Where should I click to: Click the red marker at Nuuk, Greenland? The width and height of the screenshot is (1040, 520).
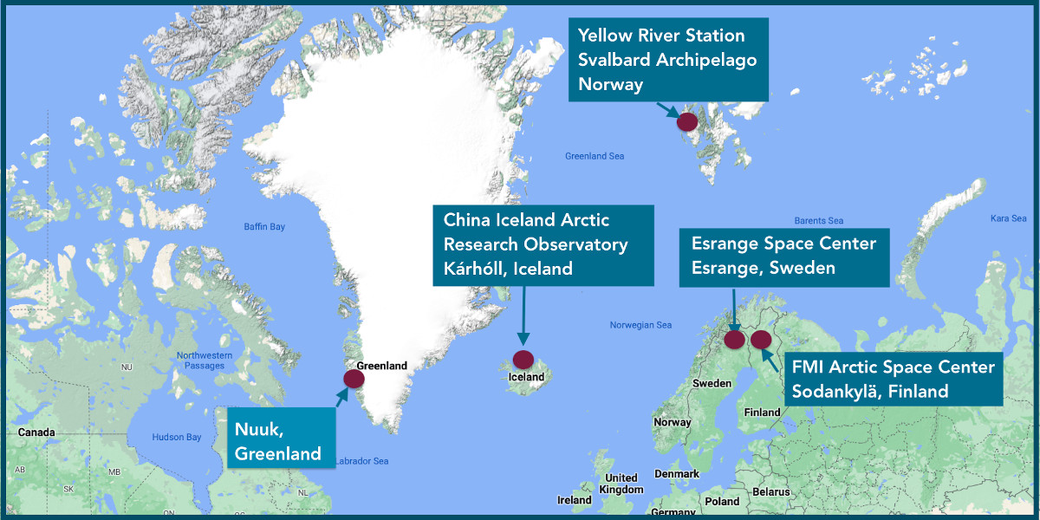click(x=354, y=379)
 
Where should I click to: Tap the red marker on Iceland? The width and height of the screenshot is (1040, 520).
click(x=523, y=359)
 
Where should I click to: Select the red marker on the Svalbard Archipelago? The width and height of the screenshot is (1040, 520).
click(x=687, y=121)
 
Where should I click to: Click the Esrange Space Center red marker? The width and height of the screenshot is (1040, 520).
click(x=735, y=339)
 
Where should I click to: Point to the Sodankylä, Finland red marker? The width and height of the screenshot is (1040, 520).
click(x=761, y=339)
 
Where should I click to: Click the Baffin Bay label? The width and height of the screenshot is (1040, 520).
click(x=264, y=227)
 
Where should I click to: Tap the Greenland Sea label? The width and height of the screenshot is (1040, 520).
click(x=595, y=157)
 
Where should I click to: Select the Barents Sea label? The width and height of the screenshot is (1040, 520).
click(x=819, y=221)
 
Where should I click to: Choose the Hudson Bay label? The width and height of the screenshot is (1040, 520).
click(x=176, y=437)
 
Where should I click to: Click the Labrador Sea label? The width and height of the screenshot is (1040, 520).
click(x=362, y=461)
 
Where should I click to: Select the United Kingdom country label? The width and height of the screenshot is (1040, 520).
click(x=621, y=484)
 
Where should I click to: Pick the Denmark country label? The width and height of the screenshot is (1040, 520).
click(x=677, y=474)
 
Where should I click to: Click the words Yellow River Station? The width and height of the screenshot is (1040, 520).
click(x=661, y=36)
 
